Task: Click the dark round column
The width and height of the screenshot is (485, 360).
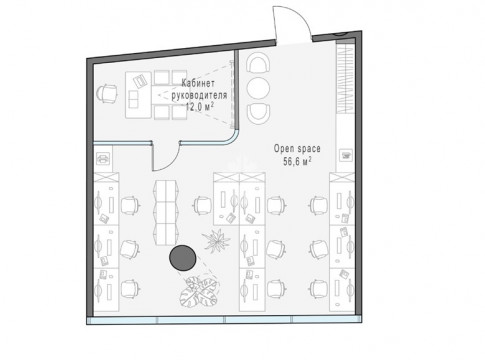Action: pyautogui.click(x=182, y=257)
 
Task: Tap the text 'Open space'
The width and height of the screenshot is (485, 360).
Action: pyautogui.click(x=297, y=149)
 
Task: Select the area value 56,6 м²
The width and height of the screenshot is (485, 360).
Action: pyautogui.click(x=297, y=162)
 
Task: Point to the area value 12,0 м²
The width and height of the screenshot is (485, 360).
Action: pyautogui.click(x=199, y=107)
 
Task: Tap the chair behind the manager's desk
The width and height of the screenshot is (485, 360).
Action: pyautogui.click(x=107, y=93)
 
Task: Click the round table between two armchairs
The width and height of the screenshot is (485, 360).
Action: pyautogui.click(x=258, y=88)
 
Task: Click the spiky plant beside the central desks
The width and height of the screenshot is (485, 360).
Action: pyautogui.click(x=216, y=239)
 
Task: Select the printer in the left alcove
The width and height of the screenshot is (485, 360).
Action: pyautogui.click(x=103, y=158)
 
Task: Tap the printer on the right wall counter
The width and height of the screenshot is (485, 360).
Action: pyautogui.click(x=346, y=155)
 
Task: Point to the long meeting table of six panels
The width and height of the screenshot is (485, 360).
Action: pyautogui.click(x=165, y=213)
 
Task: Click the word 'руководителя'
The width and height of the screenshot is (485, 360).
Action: pyautogui.click(x=199, y=95)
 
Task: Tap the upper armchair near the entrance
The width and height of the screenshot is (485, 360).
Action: pyautogui.click(x=258, y=63)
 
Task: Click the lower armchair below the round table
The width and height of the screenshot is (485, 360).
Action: pyautogui.click(x=258, y=112)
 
